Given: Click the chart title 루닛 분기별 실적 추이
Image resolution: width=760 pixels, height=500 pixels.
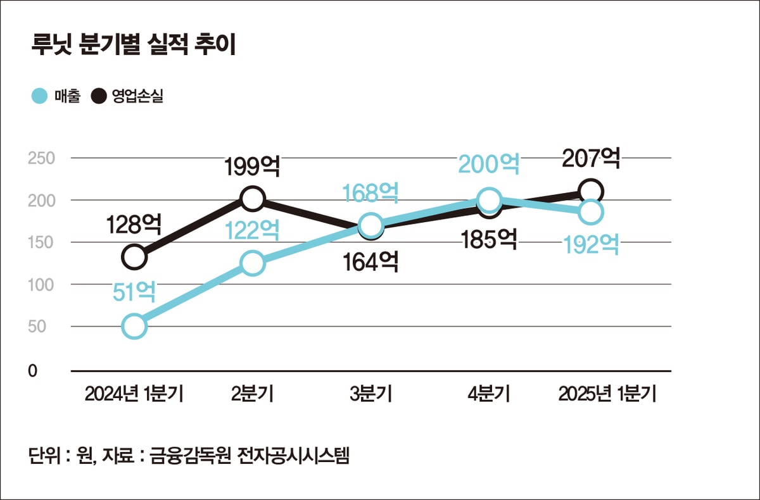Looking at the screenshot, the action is pos(134,45).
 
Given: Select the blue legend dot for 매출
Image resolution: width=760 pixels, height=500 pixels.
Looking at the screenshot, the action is pos(39,96).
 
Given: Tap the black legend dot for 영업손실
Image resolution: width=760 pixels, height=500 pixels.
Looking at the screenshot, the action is pos(99,96).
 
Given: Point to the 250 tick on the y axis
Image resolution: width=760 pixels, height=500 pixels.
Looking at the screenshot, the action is pos(41,158).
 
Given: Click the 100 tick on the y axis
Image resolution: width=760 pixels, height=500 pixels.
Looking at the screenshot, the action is pos(41,285).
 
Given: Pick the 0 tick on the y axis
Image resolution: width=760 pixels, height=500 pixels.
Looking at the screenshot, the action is pos(32,371).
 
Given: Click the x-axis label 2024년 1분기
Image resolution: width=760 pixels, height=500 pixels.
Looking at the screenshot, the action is pos(134,394).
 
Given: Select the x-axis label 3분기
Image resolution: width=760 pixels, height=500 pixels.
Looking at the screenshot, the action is pos(371,394).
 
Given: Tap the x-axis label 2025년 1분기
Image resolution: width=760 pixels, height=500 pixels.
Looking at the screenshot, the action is pos(607,394).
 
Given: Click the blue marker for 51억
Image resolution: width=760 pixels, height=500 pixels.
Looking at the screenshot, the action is pos(134,326).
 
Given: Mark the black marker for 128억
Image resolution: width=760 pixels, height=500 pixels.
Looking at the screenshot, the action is pos(134,256).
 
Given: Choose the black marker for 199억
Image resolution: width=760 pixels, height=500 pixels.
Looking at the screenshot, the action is pos(252,199).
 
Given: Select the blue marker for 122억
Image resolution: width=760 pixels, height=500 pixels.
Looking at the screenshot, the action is pos(253,263).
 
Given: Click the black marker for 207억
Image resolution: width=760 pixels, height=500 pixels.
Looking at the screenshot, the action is pos(591,191).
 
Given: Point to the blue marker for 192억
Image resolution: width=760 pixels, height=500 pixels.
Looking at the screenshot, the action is pos(591,212).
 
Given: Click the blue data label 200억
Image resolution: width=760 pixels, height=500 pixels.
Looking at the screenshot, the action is pos(489,165).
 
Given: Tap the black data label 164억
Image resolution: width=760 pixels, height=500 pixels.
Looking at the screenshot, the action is pos(371,261).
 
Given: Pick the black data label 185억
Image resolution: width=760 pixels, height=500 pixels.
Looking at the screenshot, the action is pos(489,239).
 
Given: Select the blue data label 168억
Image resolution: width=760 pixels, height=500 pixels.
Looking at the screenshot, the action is pos(370,193).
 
